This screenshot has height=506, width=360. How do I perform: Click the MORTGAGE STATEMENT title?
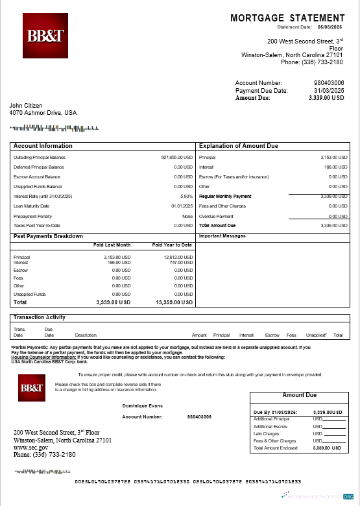[287, 18]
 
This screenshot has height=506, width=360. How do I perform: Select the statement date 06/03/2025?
[331, 27]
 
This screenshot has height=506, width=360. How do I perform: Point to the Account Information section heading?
[43, 146]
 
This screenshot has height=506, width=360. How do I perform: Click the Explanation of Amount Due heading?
[238, 146]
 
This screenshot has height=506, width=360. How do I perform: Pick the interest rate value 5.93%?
[187, 196]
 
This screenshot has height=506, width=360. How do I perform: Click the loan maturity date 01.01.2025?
[182, 206]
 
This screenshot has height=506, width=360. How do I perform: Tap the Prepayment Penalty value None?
[187, 215]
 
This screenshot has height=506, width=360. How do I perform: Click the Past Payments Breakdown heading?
[48, 236]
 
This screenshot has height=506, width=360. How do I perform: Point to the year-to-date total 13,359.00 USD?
[174, 302]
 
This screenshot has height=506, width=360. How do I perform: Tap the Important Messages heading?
[222, 236]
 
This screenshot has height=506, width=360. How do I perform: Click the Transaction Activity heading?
[39, 317]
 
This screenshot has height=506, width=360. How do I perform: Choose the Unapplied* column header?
[316, 335]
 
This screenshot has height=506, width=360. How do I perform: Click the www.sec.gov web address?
[30, 447]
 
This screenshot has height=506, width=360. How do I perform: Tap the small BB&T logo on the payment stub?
[31, 389]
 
